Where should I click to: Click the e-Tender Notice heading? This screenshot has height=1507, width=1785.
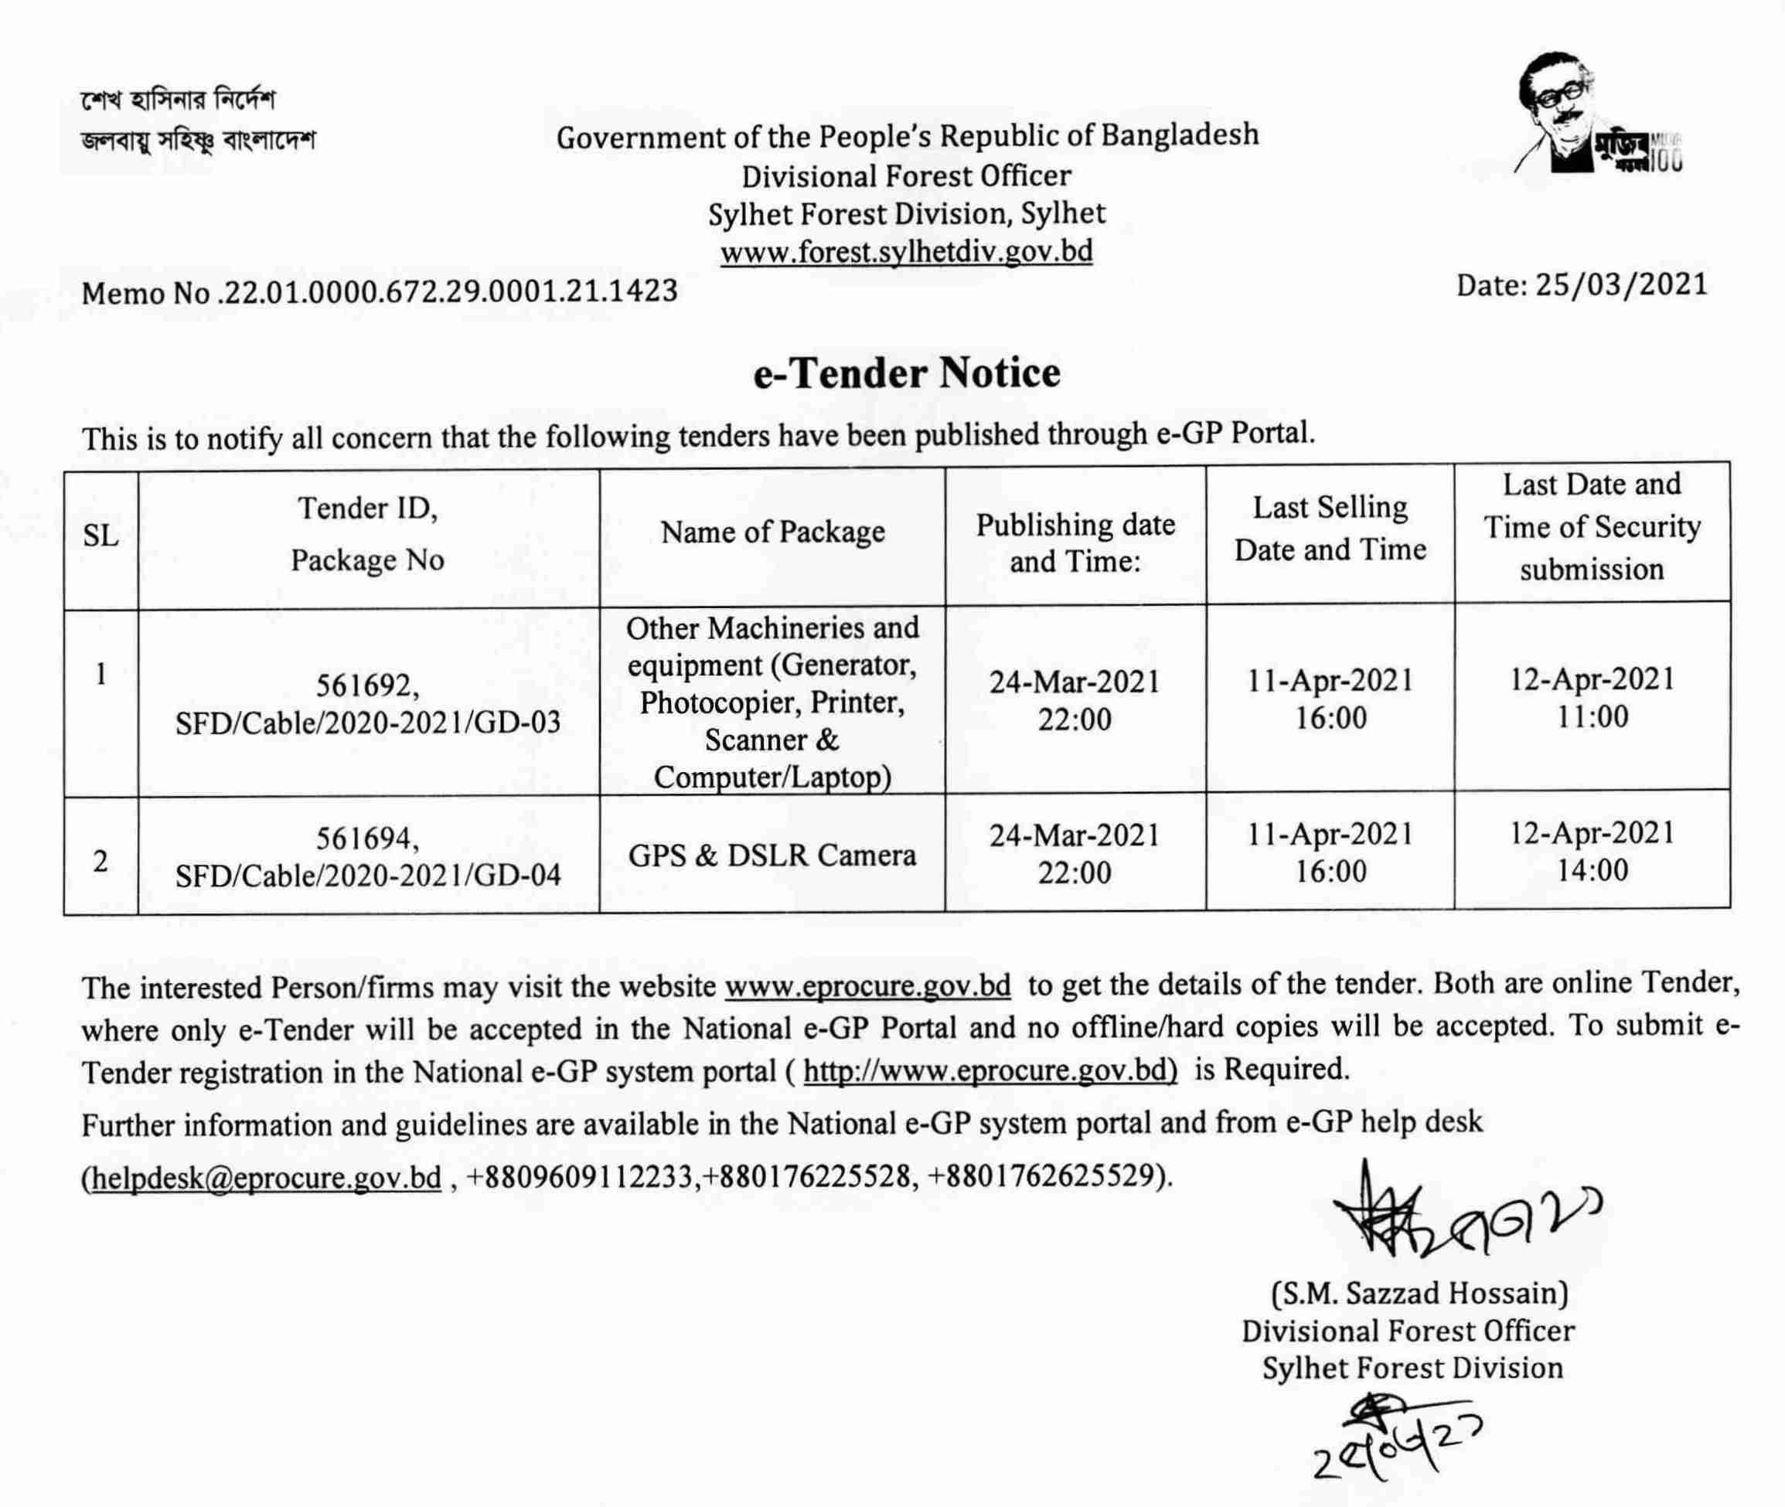tap(906, 374)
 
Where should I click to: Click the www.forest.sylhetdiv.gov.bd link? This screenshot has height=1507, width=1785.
tap(906, 251)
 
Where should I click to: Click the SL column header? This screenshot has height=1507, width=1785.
tap(100, 536)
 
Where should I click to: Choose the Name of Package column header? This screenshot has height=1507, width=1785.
tap(772, 532)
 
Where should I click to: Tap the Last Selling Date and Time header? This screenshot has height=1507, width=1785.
tap(1330, 528)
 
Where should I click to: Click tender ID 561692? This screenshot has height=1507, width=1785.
tap(366, 685)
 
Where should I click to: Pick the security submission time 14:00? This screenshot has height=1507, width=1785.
tap(1592, 869)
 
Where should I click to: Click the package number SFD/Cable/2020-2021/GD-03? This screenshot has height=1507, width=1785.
tap(368, 723)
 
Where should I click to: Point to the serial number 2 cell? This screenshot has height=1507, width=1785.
tap(100, 861)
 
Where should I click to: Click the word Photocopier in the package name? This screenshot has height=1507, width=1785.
tap(717, 702)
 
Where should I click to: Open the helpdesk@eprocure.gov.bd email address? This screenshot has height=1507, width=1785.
tap(266, 1177)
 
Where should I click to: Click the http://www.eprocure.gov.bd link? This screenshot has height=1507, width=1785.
tap(990, 1070)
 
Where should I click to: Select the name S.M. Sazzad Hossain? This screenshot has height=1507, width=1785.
tap(1419, 1293)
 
